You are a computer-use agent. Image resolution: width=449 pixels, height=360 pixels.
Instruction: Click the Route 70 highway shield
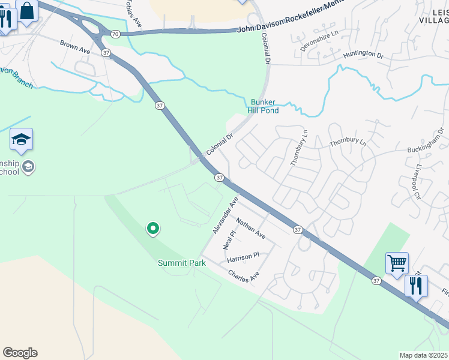click(x=115, y=34)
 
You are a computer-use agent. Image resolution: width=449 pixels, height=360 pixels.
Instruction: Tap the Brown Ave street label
click(x=74, y=47)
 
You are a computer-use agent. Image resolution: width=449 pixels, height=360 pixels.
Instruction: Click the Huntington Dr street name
click(x=363, y=55)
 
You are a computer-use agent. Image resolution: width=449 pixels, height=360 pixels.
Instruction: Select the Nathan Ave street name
click(x=251, y=229)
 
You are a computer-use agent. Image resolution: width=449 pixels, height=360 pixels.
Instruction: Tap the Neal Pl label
click(x=227, y=241)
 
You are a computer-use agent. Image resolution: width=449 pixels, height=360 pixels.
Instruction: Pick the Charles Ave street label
click(x=243, y=276)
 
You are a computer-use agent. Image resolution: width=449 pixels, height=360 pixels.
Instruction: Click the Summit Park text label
click(x=182, y=263)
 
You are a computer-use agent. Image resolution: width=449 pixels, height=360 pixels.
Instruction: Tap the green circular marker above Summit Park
click(x=153, y=229)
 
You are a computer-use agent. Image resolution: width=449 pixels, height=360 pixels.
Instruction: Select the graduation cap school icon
click(x=21, y=140)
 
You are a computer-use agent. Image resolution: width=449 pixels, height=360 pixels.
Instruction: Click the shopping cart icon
click(x=397, y=263)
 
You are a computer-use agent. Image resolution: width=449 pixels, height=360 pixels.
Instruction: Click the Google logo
click(x=20, y=353)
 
